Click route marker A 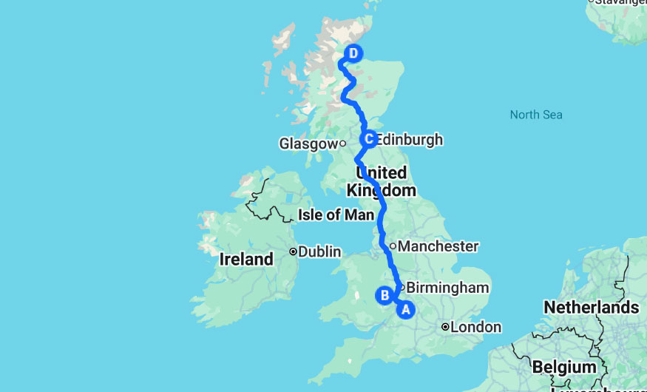tap(405, 310)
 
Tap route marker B tap(385, 295)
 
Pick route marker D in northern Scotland tap(354, 53)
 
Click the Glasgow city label tap(308, 143)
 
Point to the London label tap(476, 327)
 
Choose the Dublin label tap(320, 251)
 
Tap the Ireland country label tap(247, 260)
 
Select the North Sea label tap(536, 115)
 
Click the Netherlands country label tap(591, 307)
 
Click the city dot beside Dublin tap(294, 251)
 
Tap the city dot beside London tap(445, 326)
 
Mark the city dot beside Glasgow tap(343, 143)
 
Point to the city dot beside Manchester tap(393, 246)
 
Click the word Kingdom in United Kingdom tap(382, 190)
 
